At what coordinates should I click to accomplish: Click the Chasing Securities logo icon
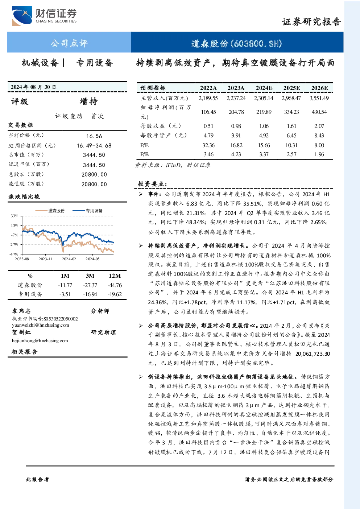22,16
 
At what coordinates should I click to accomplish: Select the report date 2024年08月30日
33,87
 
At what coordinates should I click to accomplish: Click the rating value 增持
88,102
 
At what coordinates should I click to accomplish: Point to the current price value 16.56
94,136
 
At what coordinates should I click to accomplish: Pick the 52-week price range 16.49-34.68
94,146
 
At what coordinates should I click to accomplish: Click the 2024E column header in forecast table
264,88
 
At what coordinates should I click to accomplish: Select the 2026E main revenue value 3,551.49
319,98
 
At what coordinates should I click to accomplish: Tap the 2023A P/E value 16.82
236,145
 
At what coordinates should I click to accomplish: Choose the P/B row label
145,154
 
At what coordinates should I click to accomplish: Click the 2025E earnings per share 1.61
291,126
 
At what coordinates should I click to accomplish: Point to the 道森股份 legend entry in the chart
50,211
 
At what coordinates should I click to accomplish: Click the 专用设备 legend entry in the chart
87,211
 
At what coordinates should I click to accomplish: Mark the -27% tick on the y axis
14,244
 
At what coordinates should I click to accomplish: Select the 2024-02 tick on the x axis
69,259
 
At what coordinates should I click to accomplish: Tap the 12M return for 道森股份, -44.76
115,285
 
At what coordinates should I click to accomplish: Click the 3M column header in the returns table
90,276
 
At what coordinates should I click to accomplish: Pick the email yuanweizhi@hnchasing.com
41,325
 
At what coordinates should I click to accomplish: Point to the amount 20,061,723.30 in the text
313,354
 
